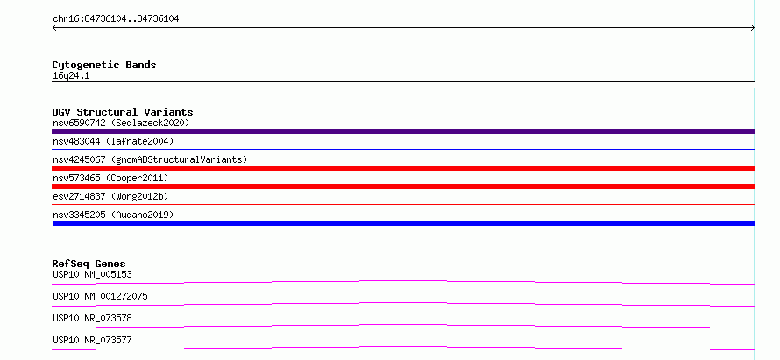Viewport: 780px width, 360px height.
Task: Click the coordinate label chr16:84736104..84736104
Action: click(116, 19)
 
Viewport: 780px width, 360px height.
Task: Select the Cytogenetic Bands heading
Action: click(104, 65)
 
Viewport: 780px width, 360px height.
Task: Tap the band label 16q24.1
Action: click(71, 76)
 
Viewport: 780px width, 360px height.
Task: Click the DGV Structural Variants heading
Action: click(123, 112)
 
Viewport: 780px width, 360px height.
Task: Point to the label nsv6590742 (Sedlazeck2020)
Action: click(121, 123)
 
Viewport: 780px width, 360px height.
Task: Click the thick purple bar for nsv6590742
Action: click(403, 131)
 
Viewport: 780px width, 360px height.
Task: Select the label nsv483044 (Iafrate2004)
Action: click(113, 141)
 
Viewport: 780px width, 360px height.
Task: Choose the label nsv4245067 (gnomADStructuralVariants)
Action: click(150, 159)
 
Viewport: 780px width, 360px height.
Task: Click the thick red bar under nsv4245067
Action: click(403, 168)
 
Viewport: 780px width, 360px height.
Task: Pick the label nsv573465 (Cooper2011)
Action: click(111, 178)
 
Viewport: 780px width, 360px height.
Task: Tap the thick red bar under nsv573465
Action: click(403, 187)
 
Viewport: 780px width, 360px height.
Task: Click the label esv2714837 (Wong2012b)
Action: click(111, 196)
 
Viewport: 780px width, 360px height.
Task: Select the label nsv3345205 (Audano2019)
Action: click(113, 215)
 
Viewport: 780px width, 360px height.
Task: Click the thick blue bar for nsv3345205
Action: click(403, 223)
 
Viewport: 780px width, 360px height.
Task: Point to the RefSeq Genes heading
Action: click(89, 264)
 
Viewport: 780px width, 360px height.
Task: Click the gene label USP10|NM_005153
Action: click(93, 274)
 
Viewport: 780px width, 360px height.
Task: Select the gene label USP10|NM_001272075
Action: click(101, 296)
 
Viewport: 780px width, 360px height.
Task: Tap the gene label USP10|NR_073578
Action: click(93, 318)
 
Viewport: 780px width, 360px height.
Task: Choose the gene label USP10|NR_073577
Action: click(93, 340)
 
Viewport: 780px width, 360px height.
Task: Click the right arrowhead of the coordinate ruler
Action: click(753, 28)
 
